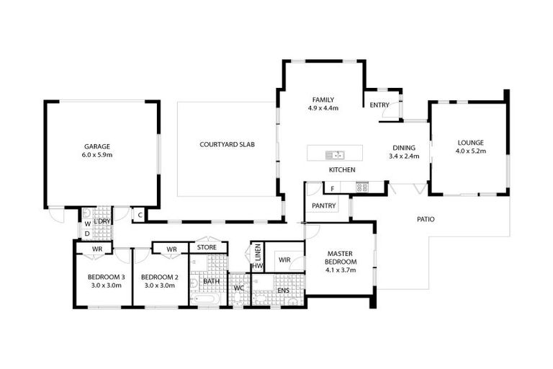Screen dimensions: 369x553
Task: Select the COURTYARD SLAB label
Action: (x=227, y=144)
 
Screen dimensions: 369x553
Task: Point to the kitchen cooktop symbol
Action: (x=361, y=187)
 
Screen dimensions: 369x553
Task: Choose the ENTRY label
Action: (x=379, y=105)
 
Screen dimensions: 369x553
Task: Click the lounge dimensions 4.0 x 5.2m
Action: (x=471, y=151)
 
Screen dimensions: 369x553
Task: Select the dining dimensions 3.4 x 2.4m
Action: (x=403, y=155)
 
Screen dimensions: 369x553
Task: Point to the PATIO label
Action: (x=426, y=219)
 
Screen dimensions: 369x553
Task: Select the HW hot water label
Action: (x=257, y=266)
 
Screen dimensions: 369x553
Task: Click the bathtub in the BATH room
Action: (x=208, y=298)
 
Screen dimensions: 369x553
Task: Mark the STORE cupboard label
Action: (x=207, y=247)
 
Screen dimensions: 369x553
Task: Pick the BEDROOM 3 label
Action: (x=107, y=277)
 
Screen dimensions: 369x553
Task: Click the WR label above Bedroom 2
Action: (x=171, y=249)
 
